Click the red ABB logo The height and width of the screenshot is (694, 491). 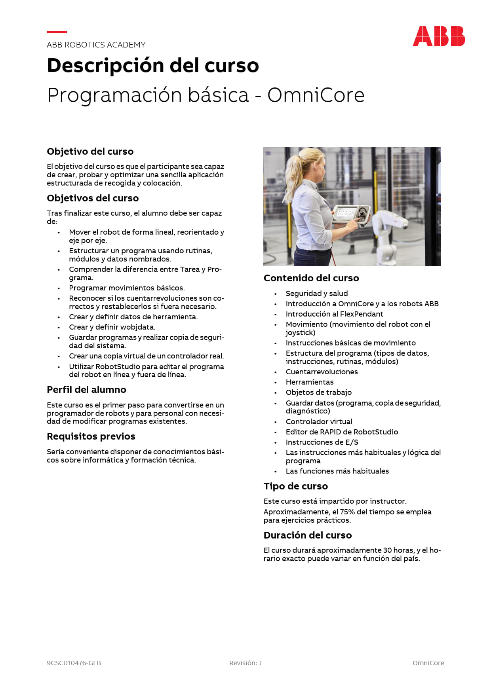[439, 36]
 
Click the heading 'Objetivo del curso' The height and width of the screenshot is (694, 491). [90, 152]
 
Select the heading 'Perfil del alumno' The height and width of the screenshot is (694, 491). [86, 390]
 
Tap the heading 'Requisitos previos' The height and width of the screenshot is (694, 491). [91, 436]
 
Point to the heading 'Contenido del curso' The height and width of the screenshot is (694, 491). [311, 278]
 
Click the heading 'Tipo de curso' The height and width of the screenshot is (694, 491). [295, 486]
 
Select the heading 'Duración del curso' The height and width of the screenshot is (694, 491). [307, 535]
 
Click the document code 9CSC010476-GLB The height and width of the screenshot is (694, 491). [74, 663]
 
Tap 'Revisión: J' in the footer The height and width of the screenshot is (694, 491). [245, 663]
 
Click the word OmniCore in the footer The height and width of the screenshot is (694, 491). [428, 663]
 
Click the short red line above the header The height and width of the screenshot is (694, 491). [57, 32]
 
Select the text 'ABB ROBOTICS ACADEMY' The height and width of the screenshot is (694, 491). [96, 45]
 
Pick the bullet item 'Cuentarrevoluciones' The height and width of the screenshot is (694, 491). [322, 372]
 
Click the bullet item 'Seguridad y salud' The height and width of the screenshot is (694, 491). [316, 294]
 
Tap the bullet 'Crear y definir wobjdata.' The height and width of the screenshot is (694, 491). [112, 327]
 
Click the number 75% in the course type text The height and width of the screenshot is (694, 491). [347, 512]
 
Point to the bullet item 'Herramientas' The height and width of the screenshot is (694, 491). [309, 382]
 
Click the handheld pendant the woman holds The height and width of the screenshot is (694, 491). [350, 215]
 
